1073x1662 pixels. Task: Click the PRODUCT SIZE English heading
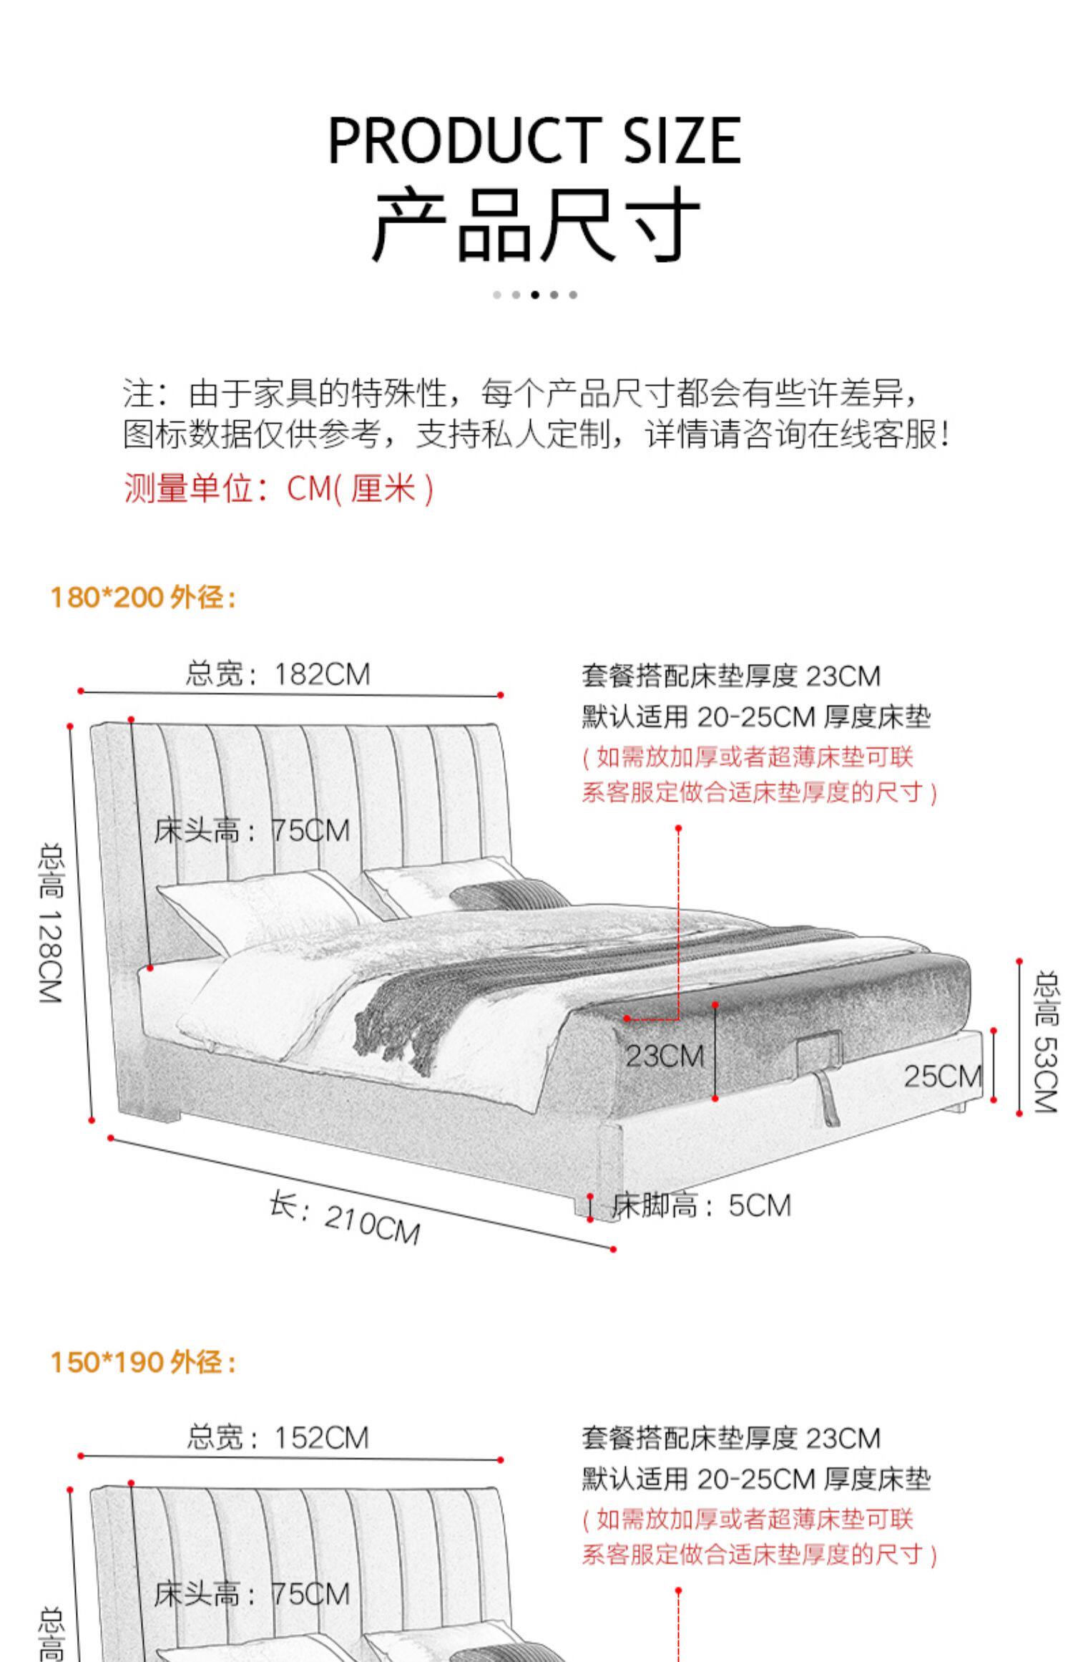(x=534, y=140)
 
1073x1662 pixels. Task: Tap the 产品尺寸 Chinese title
(x=534, y=224)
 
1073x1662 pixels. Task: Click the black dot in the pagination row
(x=534, y=295)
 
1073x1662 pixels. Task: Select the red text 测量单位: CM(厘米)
(x=279, y=489)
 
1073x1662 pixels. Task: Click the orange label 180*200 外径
(x=143, y=597)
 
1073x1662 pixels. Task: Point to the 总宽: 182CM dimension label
(x=278, y=674)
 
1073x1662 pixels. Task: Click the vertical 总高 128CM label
(x=52, y=923)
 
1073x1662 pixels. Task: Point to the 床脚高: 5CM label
(x=701, y=1205)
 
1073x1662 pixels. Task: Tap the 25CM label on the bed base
(x=942, y=1076)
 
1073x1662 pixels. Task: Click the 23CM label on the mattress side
(x=665, y=1056)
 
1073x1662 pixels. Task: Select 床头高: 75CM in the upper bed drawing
(x=252, y=830)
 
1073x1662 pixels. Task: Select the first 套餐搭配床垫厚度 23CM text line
(x=730, y=676)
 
